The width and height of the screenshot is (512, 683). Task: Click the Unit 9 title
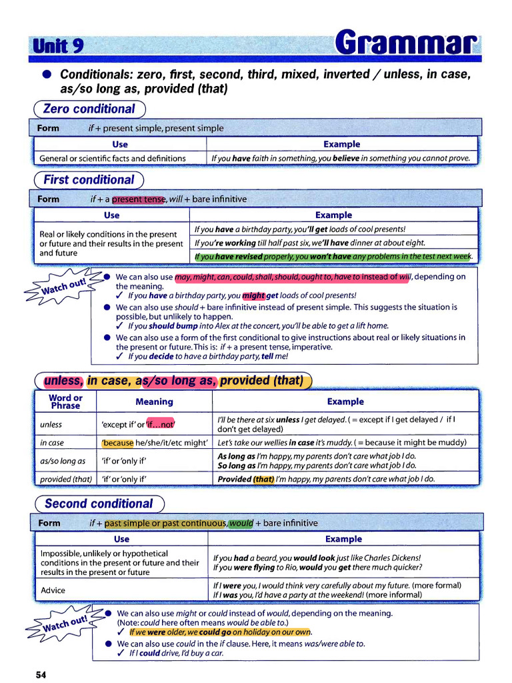57,45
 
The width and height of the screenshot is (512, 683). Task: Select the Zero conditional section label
89,109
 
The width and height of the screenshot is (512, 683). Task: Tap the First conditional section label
89,179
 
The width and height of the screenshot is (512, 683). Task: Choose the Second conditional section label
99,504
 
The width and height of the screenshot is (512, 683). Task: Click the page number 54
41,675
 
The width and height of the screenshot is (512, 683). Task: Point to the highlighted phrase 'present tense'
138,199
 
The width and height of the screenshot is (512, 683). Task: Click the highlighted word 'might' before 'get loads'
253,295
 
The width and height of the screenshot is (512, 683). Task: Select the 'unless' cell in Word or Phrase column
51,424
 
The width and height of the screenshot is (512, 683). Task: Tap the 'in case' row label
52,442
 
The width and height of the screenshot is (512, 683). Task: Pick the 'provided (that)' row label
65,478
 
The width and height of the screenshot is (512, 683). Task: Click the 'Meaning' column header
154,402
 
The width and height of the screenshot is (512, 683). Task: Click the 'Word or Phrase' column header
65,402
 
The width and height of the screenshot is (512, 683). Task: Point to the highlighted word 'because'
118,442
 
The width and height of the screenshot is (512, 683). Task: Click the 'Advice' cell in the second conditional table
53,590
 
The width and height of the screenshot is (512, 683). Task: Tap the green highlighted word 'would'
241,523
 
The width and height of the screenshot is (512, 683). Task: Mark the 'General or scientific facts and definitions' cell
113,158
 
